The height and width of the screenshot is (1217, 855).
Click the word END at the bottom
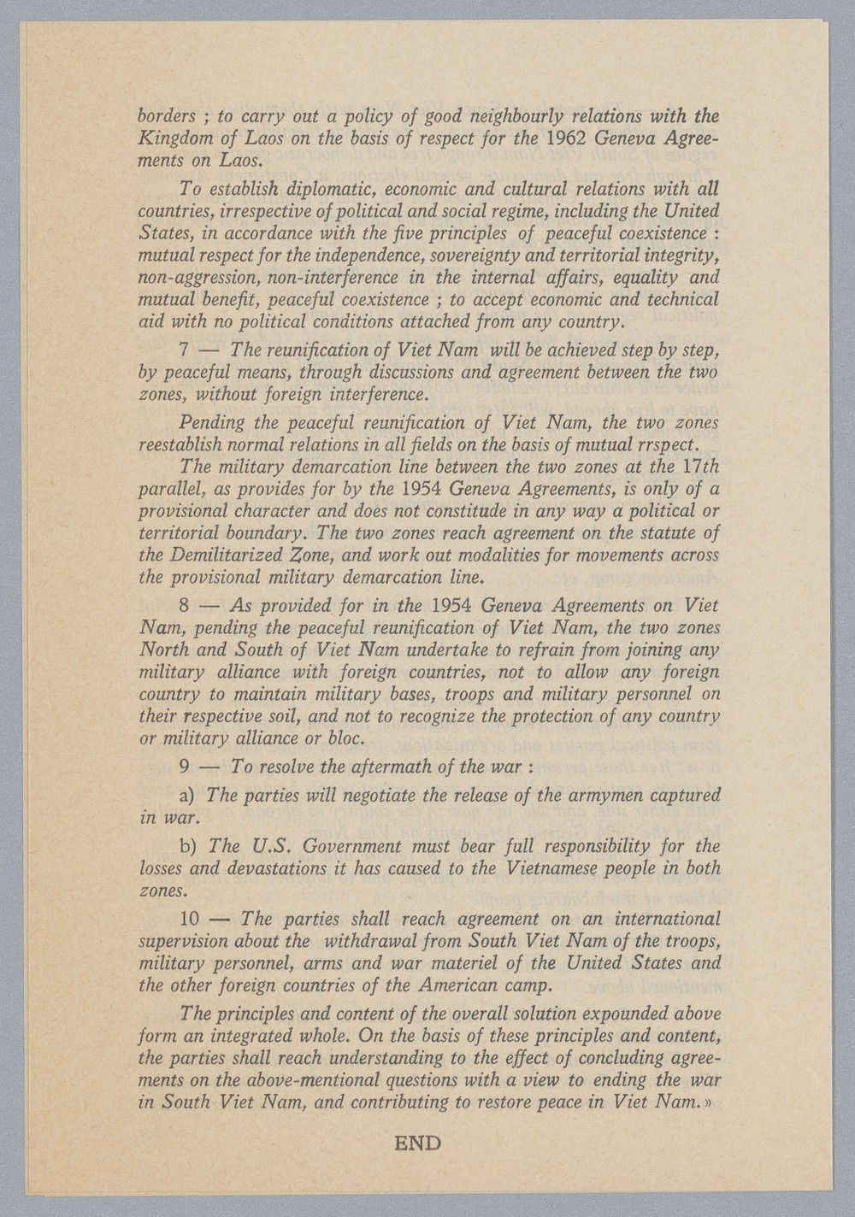tap(417, 1143)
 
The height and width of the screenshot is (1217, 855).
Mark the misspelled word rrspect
tap(669, 444)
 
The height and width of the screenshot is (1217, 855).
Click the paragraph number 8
tap(186, 606)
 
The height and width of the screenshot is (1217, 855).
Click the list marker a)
tap(189, 796)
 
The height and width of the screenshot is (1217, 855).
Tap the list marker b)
tap(189, 847)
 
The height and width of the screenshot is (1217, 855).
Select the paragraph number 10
tap(191, 920)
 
